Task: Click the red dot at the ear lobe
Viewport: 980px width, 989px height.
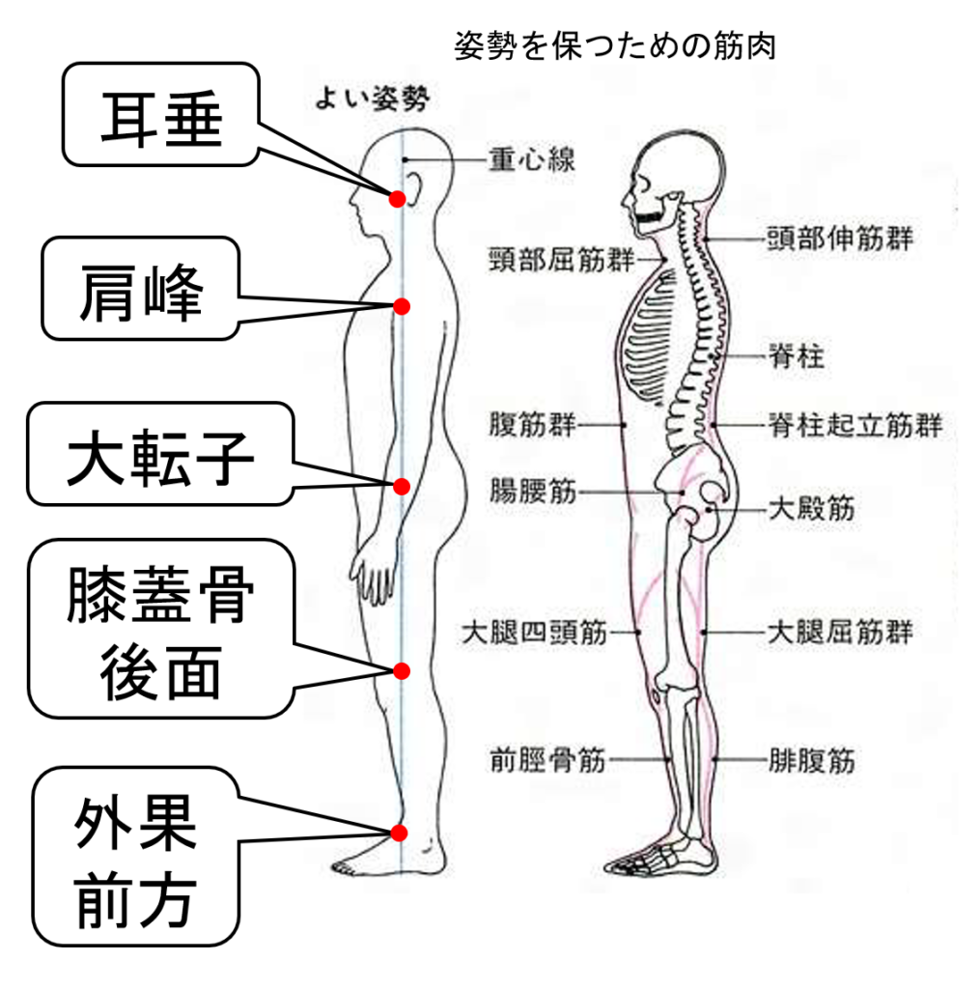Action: (396, 199)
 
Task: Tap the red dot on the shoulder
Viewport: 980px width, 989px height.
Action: (402, 305)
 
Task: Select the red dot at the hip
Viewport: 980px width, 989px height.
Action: (403, 485)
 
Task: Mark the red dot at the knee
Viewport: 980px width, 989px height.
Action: (402, 669)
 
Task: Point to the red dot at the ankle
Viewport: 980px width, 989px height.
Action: (400, 833)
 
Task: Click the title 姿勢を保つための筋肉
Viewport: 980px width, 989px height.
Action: (615, 45)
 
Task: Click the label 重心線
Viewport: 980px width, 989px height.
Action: (531, 159)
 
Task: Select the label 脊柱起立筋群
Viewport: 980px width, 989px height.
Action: (854, 423)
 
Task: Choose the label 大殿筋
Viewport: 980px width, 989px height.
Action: (811, 508)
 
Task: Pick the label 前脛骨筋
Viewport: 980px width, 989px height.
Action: (547, 761)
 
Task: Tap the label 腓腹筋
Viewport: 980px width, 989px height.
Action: (811, 761)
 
